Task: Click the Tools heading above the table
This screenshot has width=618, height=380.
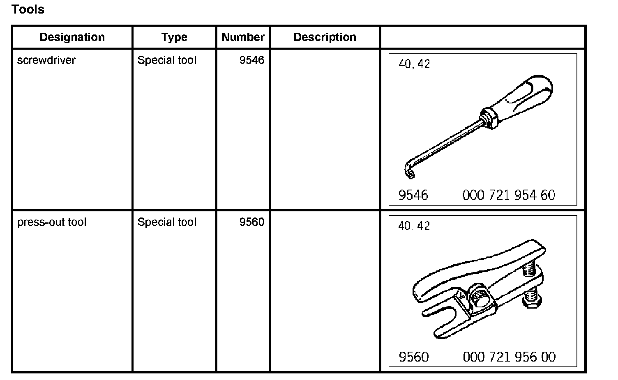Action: click(x=28, y=9)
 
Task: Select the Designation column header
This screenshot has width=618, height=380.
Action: click(x=72, y=37)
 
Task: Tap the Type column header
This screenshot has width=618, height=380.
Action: click(x=174, y=37)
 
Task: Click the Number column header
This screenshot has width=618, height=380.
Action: click(x=243, y=37)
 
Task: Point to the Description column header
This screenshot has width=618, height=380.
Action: click(x=325, y=37)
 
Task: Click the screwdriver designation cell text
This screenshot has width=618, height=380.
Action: click(x=46, y=60)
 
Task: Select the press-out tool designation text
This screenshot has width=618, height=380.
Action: click(x=52, y=222)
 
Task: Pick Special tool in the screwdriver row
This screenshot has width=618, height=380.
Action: click(x=167, y=60)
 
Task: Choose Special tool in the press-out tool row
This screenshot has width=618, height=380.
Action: click(x=167, y=222)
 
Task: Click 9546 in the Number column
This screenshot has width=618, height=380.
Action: click(x=251, y=60)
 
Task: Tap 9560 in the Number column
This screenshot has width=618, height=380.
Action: click(x=251, y=222)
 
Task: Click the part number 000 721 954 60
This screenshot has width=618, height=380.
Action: click(x=509, y=195)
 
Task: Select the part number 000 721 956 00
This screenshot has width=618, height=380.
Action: click(x=509, y=357)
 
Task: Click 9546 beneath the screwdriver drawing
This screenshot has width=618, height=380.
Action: click(x=413, y=195)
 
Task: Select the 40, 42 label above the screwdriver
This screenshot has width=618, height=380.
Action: click(x=414, y=64)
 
